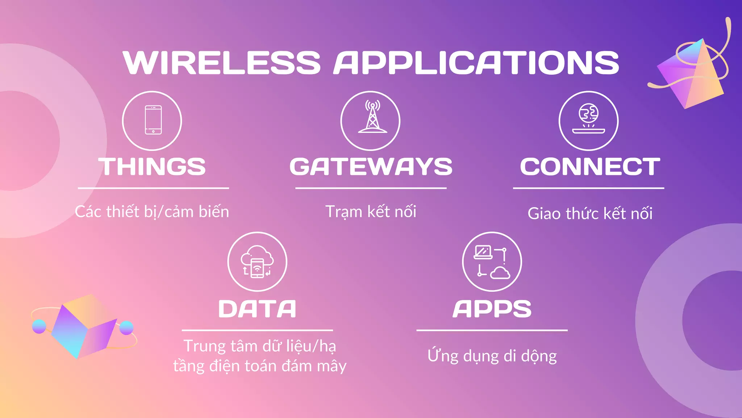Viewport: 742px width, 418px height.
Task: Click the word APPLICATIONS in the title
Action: coord(476,63)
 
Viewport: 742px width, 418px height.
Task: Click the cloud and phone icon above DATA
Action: coord(257,261)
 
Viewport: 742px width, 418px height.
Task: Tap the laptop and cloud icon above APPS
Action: coord(492,261)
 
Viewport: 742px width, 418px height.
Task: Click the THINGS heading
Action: coord(152,167)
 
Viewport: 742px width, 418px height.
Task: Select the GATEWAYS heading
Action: coord(371,167)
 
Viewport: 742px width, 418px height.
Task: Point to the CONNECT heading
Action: coord(590,167)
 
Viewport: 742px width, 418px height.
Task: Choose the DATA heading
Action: coord(257,309)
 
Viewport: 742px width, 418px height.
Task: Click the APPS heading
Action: coord(492,309)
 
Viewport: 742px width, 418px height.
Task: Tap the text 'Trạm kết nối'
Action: coord(371,212)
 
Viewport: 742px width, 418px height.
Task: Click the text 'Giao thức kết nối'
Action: coord(590,213)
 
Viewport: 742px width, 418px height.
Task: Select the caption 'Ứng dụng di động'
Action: coord(492,356)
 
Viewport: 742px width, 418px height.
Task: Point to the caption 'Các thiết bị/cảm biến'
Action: coord(152,212)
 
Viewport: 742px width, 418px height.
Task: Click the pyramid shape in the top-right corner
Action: coord(692,74)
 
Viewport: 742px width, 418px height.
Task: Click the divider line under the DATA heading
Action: coord(257,330)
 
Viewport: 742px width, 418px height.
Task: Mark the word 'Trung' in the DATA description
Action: coord(205,346)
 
